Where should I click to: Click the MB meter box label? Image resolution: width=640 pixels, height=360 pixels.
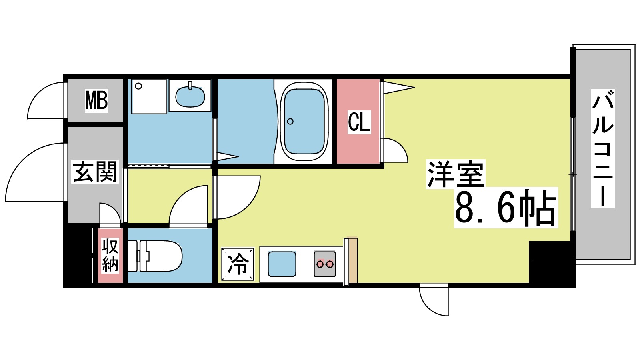pyautogui.click(x=96, y=101)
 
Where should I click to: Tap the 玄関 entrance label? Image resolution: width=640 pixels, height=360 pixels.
pyautogui.click(x=95, y=172)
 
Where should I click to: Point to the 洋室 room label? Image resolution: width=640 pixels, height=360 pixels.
pyautogui.click(x=455, y=174)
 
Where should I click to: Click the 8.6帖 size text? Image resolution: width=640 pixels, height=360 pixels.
pyautogui.click(x=506, y=208)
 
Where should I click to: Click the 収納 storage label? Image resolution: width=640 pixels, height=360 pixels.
pyautogui.click(x=110, y=255)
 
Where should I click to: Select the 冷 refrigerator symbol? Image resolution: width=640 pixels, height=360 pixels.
pyautogui.click(x=238, y=264)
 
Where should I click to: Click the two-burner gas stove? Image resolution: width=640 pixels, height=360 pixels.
pyautogui.click(x=324, y=264)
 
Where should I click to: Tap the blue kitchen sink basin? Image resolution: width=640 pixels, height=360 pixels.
pyautogui.click(x=282, y=264)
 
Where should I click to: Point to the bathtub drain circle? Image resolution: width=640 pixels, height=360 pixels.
pyautogui.click(x=290, y=121)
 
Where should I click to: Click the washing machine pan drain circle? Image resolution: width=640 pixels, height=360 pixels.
pyautogui.click(x=138, y=86)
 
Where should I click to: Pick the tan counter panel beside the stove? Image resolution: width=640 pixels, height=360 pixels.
pyautogui.click(x=352, y=260)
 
